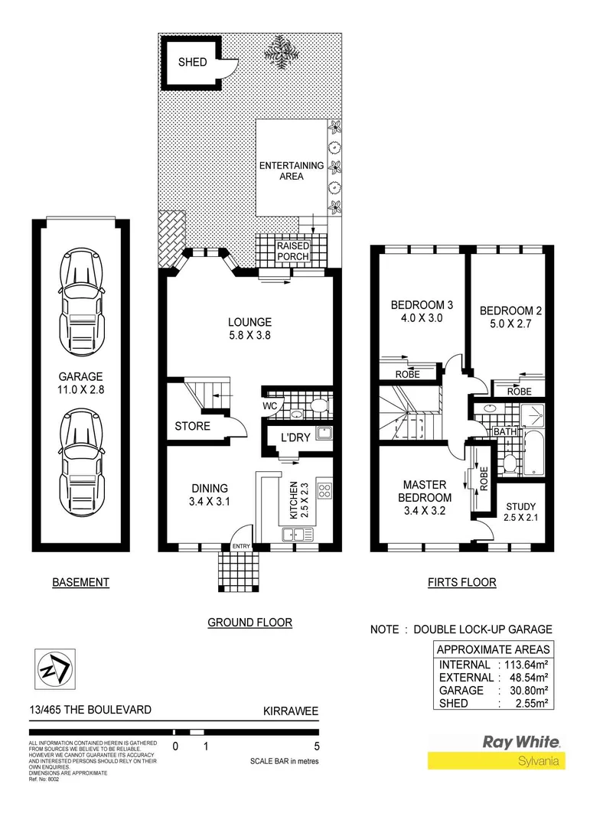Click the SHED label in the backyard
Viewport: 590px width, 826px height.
point(192,61)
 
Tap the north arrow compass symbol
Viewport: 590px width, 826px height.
point(55,669)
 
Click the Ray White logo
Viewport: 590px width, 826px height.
point(520,742)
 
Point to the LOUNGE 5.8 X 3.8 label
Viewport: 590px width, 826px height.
point(249,329)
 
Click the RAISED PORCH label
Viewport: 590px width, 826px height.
point(293,252)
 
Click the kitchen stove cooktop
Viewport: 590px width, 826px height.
point(324,491)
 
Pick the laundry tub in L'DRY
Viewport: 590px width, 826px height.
point(324,434)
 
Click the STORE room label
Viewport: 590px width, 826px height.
point(192,426)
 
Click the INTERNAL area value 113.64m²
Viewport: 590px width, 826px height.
point(527,664)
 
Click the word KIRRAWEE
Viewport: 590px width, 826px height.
point(290,710)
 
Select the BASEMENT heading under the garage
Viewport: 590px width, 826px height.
point(80,582)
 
